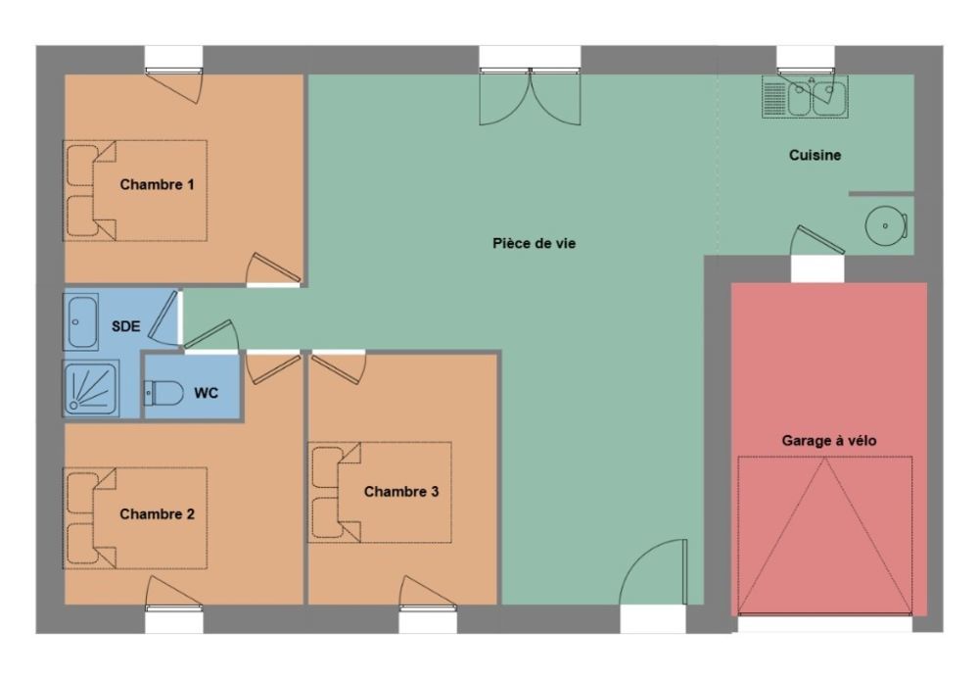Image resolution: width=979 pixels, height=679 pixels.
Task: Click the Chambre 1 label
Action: click(157, 184)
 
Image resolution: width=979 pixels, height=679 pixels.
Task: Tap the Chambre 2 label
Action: click(157, 514)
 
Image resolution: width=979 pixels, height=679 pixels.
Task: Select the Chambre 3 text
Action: click(401, 492)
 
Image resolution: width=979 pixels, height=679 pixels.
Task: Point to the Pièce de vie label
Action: click(534, 244)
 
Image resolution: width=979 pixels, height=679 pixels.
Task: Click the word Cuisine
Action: click(815, 155)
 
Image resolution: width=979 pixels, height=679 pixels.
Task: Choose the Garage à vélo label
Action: click(829, 441)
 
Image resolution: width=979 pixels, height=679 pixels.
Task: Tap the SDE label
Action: click(125, 326)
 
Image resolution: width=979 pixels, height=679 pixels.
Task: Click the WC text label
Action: click(206, 393)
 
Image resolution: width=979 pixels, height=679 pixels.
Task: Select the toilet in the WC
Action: click(163, 394)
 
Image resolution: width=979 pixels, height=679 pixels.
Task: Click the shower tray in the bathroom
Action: click(91, 388)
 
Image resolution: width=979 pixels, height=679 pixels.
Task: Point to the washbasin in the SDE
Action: click(82, 322)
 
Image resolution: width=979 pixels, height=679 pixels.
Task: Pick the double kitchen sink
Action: click(805, 97)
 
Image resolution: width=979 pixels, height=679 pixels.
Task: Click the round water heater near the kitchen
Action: click(886, 225)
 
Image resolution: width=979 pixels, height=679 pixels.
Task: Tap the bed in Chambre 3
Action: click(380, 492)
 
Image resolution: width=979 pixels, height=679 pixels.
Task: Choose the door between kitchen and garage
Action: click(817, 240)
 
